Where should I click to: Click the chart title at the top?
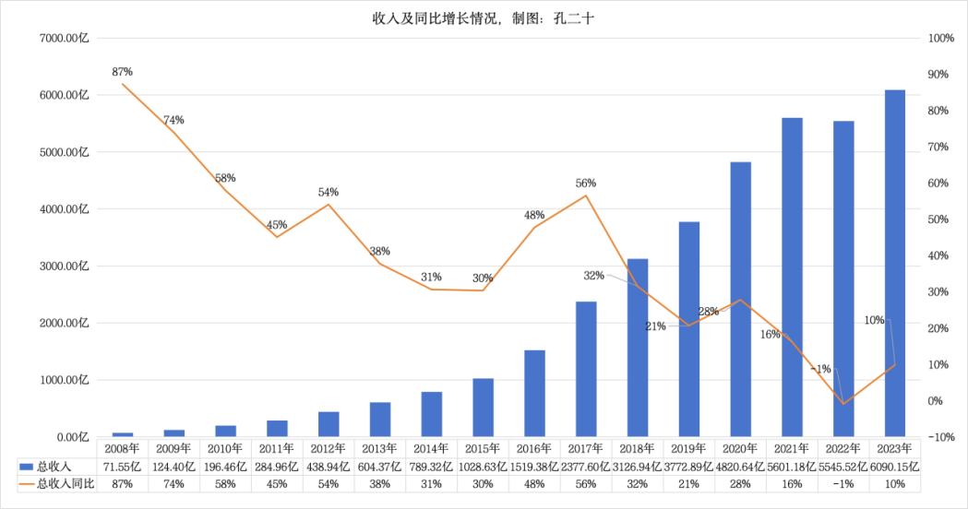484,18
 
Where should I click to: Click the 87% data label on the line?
122,71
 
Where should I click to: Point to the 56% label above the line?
585,183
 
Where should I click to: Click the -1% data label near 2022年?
821,369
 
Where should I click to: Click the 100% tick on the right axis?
940,38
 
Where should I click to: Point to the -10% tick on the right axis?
940,437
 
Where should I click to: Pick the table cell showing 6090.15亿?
895,466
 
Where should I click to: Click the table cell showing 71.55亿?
122,466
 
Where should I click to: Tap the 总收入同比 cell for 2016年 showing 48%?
534,483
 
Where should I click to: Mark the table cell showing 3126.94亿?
638,466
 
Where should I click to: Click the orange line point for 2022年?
843,403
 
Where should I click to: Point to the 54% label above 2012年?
329,192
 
